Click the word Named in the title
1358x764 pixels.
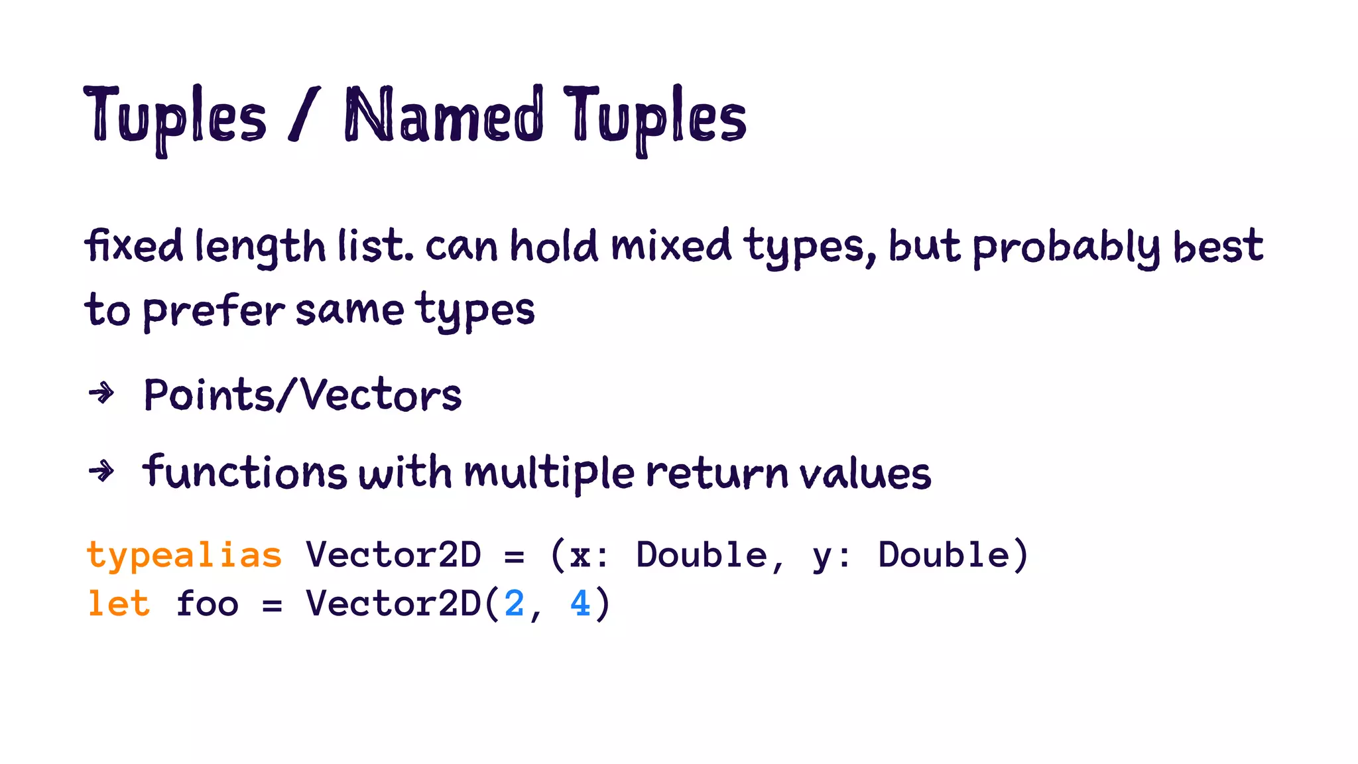tap(444, 117)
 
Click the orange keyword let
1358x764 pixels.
tap(119, 604)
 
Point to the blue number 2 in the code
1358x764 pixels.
tap(514, 604)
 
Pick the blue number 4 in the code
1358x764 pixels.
tap(580, 604)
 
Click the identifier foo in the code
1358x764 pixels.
tap(207, 604)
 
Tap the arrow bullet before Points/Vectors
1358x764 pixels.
tap(101, 394)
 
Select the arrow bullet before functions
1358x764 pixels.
tap(101, 472)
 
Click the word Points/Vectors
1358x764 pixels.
tap(302, 395)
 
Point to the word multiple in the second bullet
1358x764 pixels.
tap(549, 474)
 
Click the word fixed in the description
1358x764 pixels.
tap(133, 245)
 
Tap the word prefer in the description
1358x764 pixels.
tap(214, 310)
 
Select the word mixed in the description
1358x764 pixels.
tap(670, 245)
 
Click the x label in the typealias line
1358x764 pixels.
tap(580, 556)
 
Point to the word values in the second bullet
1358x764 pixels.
tap(865, 474)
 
